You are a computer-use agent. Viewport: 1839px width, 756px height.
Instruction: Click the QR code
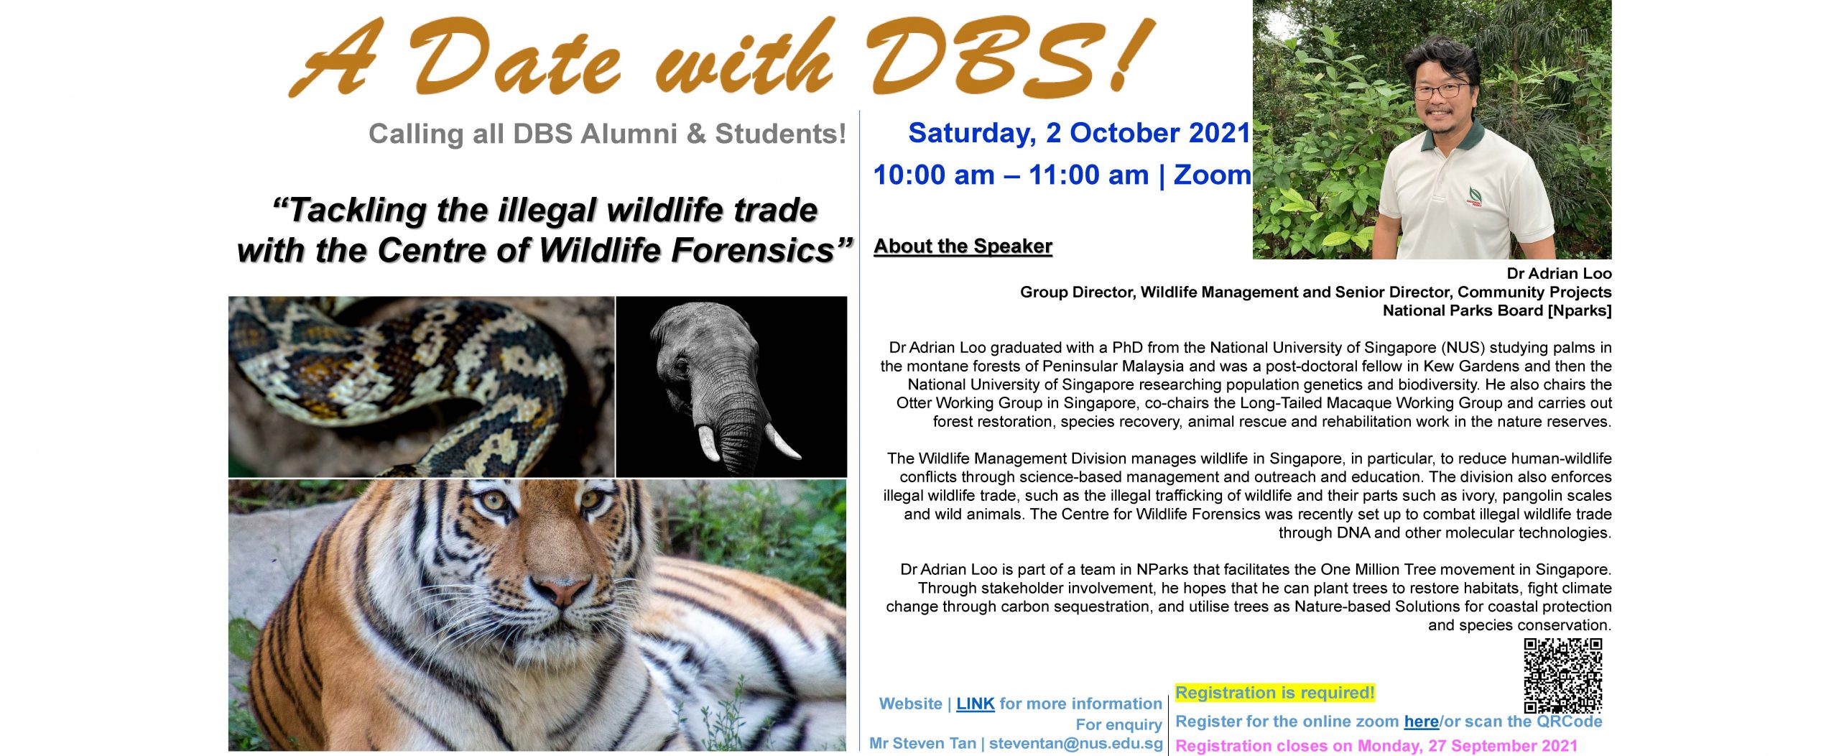coord(1562,675)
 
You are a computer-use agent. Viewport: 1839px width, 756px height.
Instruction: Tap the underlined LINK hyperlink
coord(975,704)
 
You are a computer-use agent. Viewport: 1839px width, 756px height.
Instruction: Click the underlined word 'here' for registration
coord(1421,722)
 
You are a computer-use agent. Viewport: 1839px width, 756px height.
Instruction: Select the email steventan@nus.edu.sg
coord(1075,744)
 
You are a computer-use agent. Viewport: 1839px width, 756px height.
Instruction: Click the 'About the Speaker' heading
coord(963,246)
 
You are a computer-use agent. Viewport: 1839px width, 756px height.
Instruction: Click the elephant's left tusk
coord(708,444)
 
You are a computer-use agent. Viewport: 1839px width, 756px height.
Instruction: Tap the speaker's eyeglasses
coord(1441,91)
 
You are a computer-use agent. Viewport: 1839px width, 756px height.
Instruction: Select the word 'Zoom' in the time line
coord(1212,175)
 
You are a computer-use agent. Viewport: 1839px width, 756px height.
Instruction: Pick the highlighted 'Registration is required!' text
coord(1274,693)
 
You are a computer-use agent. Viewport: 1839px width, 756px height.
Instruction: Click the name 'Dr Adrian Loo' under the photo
coord(1559,274)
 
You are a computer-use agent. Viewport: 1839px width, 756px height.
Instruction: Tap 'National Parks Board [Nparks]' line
coord(1497,311)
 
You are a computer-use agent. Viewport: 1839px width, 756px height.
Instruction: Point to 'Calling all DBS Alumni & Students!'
coord(607,134)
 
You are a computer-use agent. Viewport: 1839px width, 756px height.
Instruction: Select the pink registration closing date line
coord(1376,746)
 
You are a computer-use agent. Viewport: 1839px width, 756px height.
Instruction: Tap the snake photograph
coord(421,387)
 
